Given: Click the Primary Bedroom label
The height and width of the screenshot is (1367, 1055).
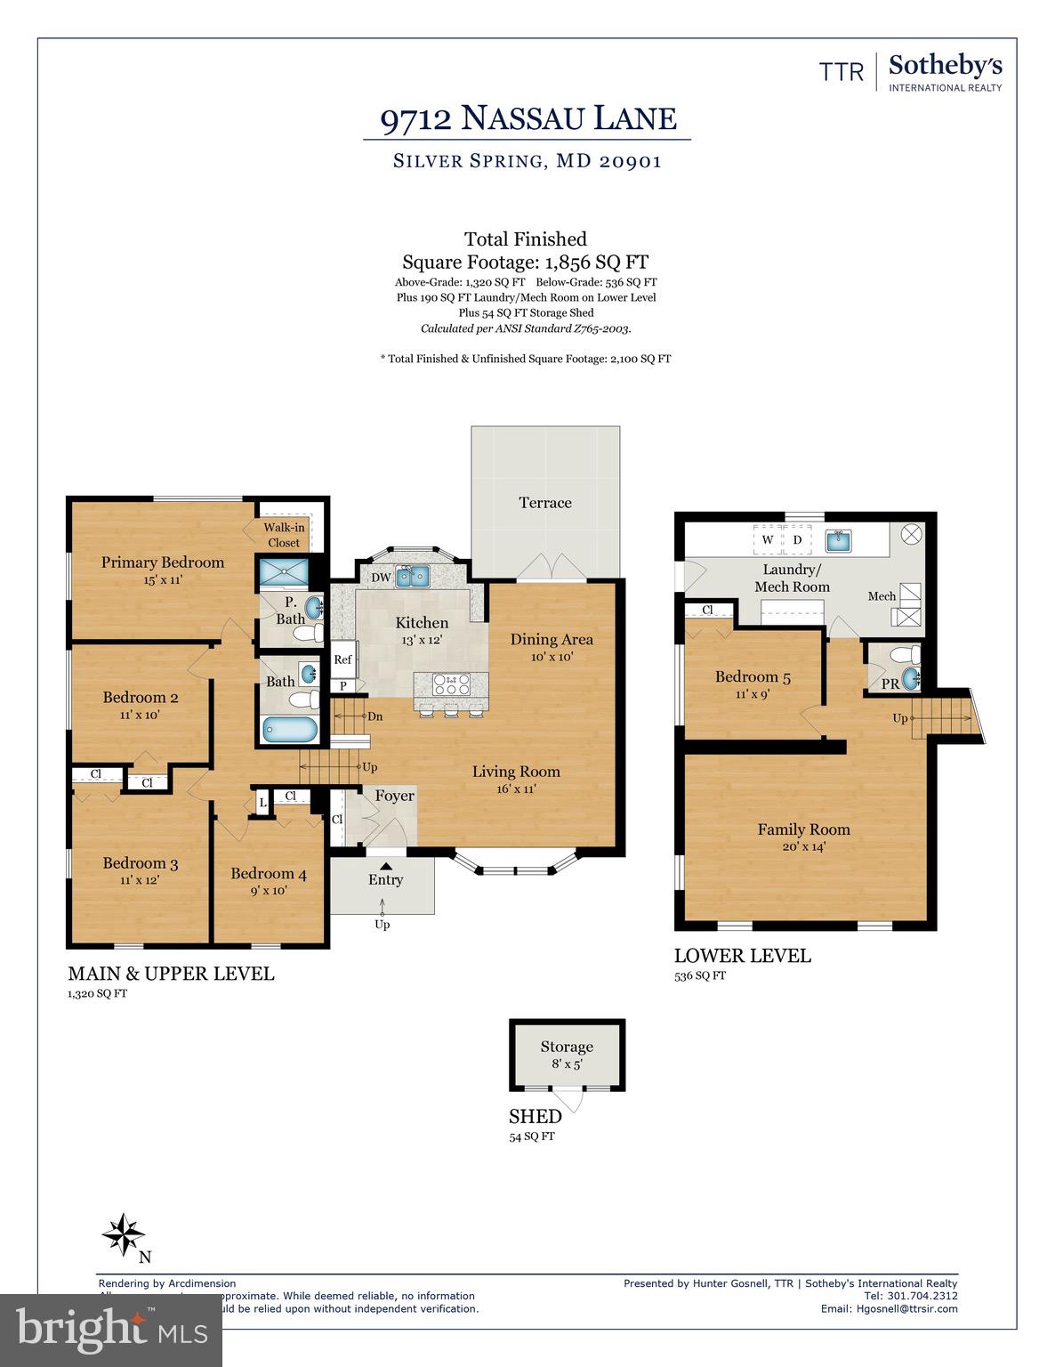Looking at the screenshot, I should (x=162, y=562).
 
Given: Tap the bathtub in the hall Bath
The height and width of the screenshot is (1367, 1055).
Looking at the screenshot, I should (x=290, y=730).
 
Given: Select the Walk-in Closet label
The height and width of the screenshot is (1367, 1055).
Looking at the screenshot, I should (x=284, y=535).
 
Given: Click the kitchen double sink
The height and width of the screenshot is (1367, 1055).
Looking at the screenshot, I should (x=413, y=577).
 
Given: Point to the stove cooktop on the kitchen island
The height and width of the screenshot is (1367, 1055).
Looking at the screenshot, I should (x=451, y=684).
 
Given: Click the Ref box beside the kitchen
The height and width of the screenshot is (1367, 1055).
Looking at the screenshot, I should (x=342, y=659).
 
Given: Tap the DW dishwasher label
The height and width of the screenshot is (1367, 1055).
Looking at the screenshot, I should (x=381, y=578).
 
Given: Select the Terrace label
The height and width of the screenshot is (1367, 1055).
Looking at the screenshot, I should (x=545, y=503).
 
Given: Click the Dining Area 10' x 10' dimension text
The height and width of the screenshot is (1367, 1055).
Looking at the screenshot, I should (x=552, y=657).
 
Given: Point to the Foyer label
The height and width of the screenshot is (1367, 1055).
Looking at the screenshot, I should (x=394, y=796).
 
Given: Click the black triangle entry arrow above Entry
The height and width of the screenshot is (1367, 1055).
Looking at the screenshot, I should (x=385, y=863).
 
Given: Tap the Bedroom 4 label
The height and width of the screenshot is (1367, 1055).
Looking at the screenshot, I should (x=269, y=873).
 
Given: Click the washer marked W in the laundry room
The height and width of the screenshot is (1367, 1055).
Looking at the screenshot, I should (x=767, y=539).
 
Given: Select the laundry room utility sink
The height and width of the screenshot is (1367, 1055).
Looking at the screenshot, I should (x=838, y=539).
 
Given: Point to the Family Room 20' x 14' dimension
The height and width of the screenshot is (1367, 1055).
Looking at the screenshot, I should (x=803, y=846).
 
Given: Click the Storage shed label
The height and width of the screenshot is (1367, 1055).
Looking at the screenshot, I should (x=567, y=1047).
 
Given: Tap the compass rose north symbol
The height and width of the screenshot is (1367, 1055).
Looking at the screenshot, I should (x=124, y=1235).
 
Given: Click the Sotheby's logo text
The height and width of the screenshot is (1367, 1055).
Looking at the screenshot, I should (x=945, y=66).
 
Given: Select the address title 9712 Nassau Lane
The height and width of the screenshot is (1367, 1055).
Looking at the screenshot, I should (x=528, y=118).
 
